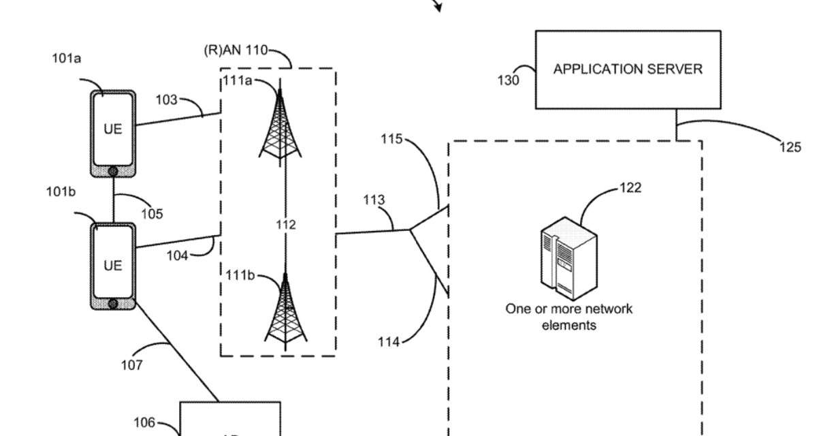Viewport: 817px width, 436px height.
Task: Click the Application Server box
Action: [x=628, y=69]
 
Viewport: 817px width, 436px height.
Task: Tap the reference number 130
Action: [x=508, y=80]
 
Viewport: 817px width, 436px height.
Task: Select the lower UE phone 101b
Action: [x=113, y=266]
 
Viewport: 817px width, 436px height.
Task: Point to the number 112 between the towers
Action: [x=286, y=225]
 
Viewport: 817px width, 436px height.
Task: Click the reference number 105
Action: [x=152, y=214]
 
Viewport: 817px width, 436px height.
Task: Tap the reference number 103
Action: [x=166, y=101]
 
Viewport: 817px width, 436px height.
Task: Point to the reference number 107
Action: [x=132, y=365]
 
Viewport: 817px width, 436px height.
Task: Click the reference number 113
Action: [x=374, y=200]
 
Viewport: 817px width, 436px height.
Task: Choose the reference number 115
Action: [x=392, y=139]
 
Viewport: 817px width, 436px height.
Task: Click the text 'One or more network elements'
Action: [x=568, y=317]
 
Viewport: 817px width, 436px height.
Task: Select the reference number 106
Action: [x=144, y=423]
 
